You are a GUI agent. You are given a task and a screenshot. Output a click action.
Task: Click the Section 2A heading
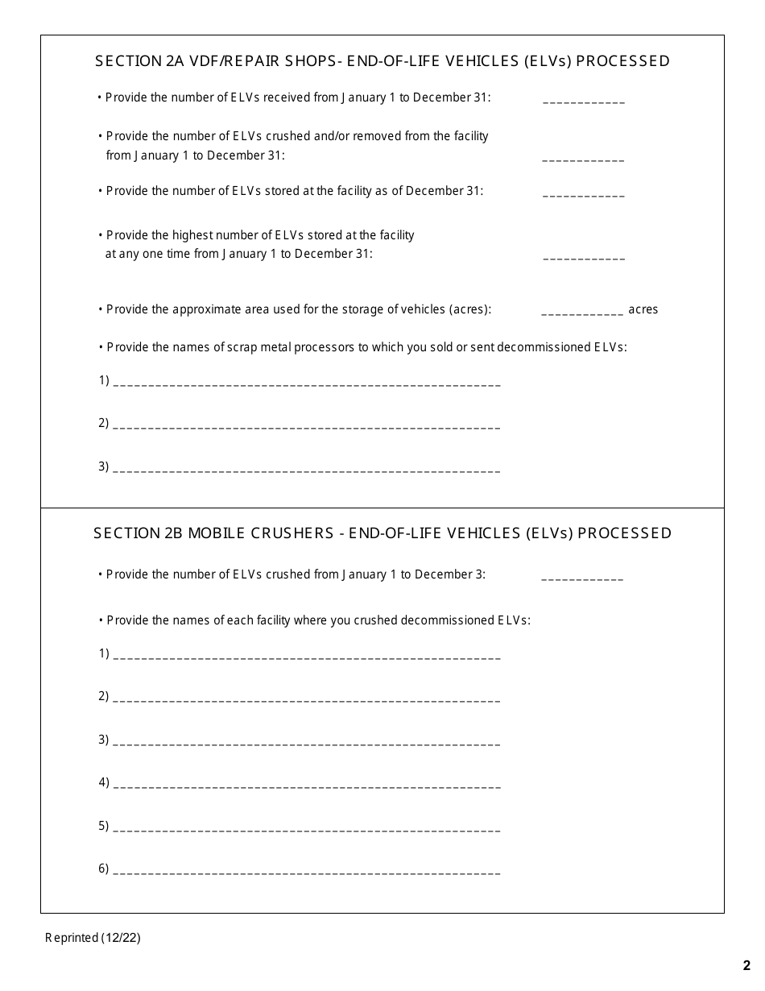(382, 61)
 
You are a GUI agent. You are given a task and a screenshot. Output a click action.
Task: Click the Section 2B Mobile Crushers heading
(382, 533)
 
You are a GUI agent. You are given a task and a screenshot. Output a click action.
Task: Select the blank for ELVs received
(584, 100)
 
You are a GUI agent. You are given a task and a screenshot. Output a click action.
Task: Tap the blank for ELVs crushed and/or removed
(584, 158)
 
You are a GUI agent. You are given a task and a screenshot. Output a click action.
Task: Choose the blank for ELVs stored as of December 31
(584, 193)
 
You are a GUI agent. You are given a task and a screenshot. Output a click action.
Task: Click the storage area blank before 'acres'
(582, 311)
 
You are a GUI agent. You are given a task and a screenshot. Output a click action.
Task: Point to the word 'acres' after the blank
(643, 310)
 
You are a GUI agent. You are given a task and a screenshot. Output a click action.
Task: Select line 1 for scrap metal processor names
(308, 382)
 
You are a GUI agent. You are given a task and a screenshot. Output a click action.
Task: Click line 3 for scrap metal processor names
(308, 468)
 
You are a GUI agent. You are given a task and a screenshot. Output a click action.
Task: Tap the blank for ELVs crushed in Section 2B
(582, 577)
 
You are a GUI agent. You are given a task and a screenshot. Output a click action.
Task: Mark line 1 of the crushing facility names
(308, 655)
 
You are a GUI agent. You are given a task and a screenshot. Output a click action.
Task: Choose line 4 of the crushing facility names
(308, 784)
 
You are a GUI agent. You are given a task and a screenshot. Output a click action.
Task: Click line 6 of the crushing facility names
(308, 870)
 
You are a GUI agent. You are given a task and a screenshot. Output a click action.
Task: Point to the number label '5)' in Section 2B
(104, 826)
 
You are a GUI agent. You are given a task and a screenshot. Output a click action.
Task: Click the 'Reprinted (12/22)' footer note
(93, 938)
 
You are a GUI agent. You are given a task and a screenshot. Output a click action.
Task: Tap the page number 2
(746, 966)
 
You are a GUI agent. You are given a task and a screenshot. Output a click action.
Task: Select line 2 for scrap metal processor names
(308, 425)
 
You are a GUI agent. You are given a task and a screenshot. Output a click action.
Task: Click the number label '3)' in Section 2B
(104, 740)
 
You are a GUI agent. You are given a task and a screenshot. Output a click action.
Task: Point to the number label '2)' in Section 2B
(104, 696)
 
